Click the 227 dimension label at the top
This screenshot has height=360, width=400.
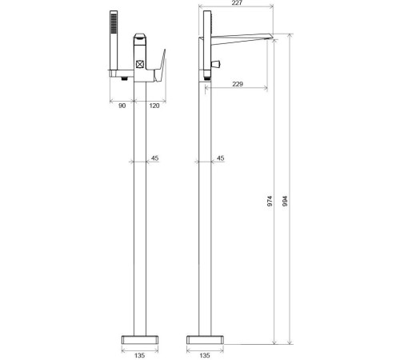[x=237, y=2]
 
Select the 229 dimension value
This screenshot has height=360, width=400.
[x=238, y=84]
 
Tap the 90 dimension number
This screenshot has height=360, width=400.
[x=122, y=106]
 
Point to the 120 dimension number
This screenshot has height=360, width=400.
[x=154, y=106]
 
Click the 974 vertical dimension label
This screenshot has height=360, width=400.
[x=270, y=201]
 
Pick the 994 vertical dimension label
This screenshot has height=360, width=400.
[x=285, y=201]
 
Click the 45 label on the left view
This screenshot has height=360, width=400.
[x=154, y=158]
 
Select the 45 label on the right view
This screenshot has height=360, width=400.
[x=220, y=158]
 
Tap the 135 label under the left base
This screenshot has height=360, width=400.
[x=139, y=355]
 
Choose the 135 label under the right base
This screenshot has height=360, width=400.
[x=205, y=355]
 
